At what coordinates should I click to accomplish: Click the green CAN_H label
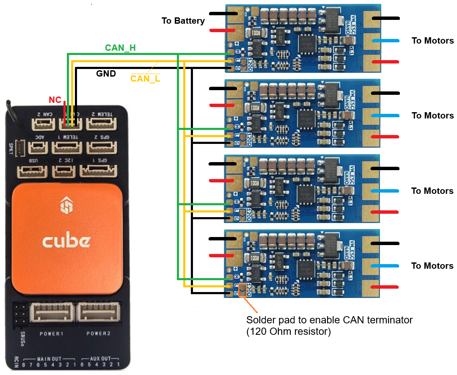pyautogui.click(x=120, y=48)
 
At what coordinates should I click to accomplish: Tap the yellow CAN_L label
pyautogui.click(x=146, y=78)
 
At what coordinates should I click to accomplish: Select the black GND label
pyautogui.click(x=106, y=74)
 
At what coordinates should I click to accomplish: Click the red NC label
pyautogui.click(x=55, y=100)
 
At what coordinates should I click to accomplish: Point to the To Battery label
pyautogui.click(x=183, y=21)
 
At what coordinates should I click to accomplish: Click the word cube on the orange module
pyautogui.click(x=66, y=241)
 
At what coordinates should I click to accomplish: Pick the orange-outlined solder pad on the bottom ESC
pyautogui.click(x=242, y=290)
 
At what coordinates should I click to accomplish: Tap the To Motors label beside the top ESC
pyautogui.click(x=432, y=41)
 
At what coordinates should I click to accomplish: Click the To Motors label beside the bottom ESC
pyautogui.click(x=432, y=266)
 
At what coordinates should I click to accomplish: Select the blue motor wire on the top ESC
pyautogui.click(x=385, y=41)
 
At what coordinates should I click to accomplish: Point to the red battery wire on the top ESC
pyautogui.click(x=222, y=30)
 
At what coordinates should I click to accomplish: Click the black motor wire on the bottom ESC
pyautogui.click(x=385, y=243)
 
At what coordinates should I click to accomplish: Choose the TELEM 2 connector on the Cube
pyautogui.click(x=102, y=124)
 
